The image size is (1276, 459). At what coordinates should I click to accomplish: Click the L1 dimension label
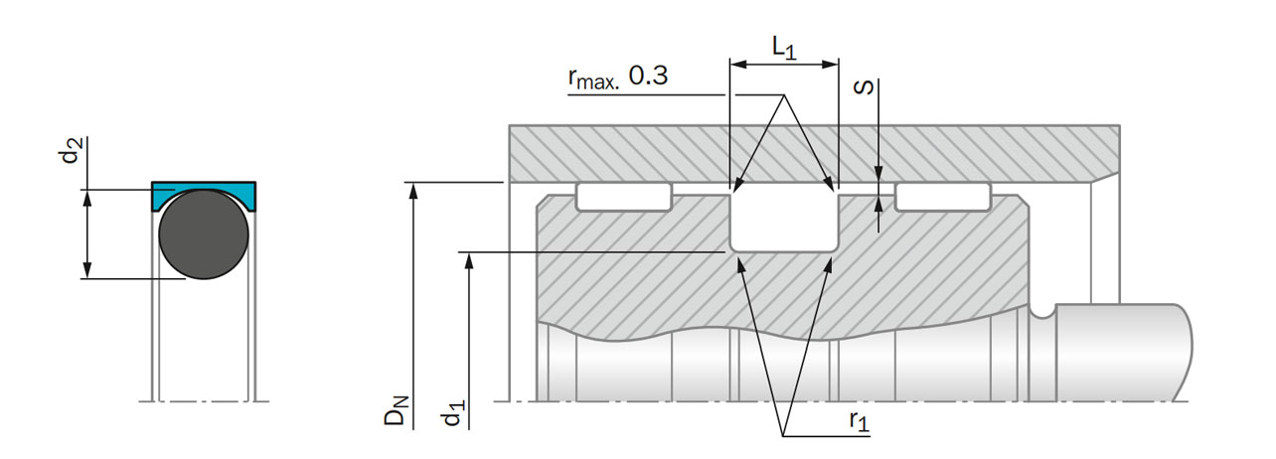[784, 48]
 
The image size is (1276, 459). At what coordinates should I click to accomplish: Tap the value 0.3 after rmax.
[648, 76]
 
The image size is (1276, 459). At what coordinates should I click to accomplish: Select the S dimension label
[865, 87]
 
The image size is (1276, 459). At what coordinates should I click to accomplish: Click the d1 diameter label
[453, 413]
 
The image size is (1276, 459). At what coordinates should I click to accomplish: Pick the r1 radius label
[859, 421]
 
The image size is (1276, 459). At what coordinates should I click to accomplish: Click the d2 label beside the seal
[72, 150]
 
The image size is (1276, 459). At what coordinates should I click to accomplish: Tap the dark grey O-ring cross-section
[204, 234]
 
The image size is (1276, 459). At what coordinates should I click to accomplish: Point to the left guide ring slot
[624, 197]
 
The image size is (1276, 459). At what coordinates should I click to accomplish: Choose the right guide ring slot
[943, 197]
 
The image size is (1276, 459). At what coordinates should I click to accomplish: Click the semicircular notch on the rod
[1042, 312]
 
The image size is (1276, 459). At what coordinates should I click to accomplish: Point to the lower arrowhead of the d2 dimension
[87, 270]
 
